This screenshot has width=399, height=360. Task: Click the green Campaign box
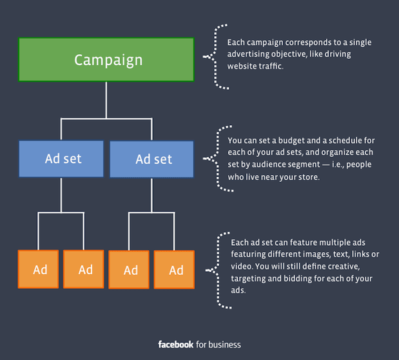pyautogui.click(x=106, y=59)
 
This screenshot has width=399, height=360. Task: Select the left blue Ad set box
pyautogui.click(x=61, y=159)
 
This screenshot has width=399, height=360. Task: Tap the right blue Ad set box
pyautogui.click(x=151, y=159)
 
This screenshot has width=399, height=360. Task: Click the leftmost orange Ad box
pyautogui.click(x=39, y=269)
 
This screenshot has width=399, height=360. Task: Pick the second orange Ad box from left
pyautogui.click(x=84, y=269)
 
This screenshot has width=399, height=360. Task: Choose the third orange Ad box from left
pyautogui.click(x=129, y=270)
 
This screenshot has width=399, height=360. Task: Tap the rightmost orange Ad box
pyautogui.click(x=174, y=270)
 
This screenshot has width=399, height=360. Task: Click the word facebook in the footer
pyautogui.click(x=176, y=345)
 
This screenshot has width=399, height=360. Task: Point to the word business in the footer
pyautogui.click(x=224, y=345)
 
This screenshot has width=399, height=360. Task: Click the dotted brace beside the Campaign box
pyautogui.click(x=215, y=57)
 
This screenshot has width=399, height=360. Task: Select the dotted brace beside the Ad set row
pyautogui.click(x=218, y=159)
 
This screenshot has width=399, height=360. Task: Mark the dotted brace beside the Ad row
pyautogui.click(x=218, y=270)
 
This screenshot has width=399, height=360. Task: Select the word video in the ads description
pyautogui.click(x=242, y=266)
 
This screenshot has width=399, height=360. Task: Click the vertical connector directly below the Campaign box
pyautogui.click(x=106, y=100)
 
